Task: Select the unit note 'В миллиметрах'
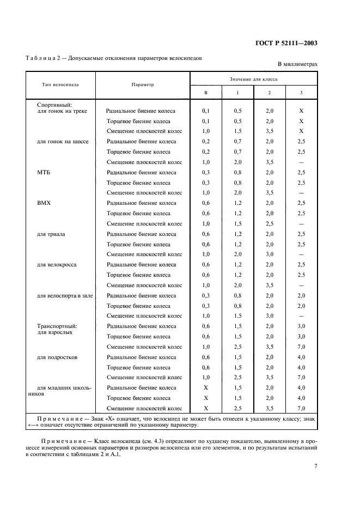coord(297,64)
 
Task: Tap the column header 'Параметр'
coord(143,85)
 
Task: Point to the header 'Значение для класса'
coord(253,79)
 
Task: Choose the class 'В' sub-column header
coord(206,93)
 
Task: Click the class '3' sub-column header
coord(301,93)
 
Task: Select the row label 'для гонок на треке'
coord(58,111)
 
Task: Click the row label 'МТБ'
coord(44,172)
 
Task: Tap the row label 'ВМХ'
coord(44,203)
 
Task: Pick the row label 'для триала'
coord(51,234)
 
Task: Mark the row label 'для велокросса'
coord(57,265)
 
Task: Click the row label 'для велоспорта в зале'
coord(64,295)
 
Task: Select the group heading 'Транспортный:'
coord(53,325)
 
